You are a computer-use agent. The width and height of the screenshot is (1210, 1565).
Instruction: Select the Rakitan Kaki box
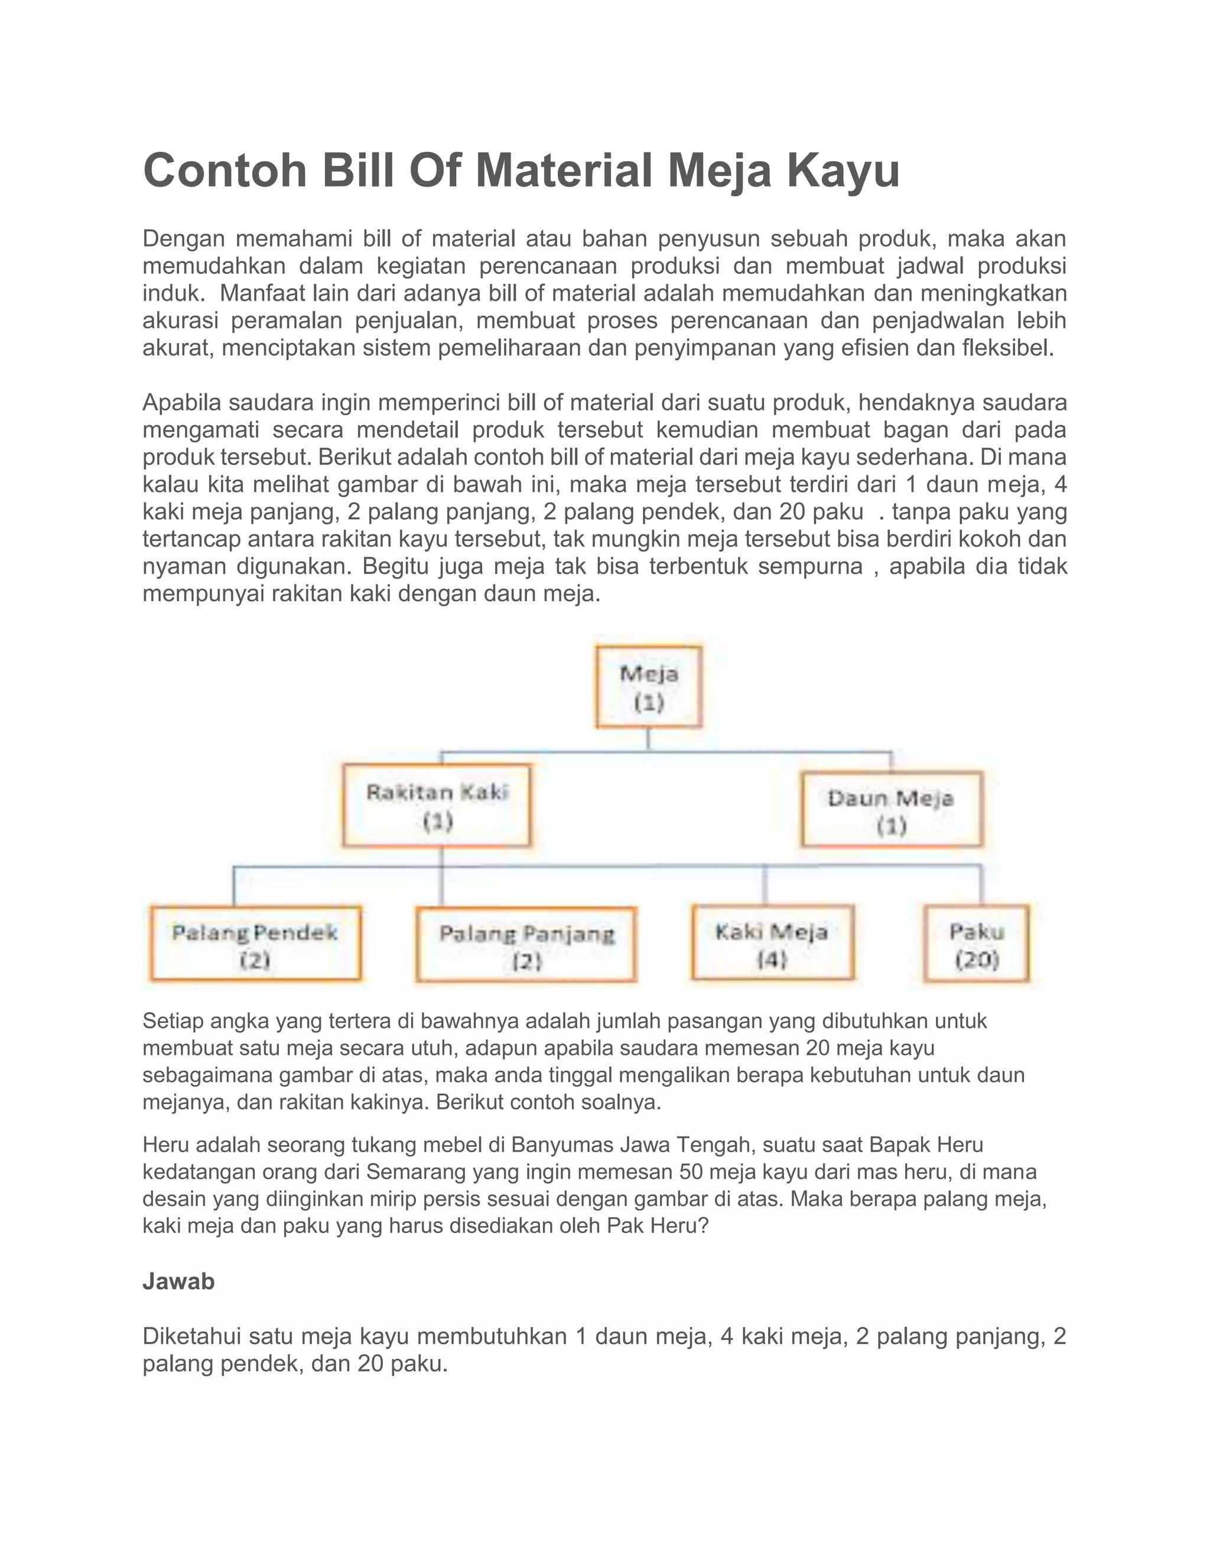[x=437, y=806]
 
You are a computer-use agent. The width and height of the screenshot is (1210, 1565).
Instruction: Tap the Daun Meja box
[x=891, y=810]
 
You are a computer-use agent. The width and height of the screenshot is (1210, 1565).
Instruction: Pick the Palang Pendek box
[x=255, y=944]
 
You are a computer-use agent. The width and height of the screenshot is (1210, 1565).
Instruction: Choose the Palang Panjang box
[x=526, y=945]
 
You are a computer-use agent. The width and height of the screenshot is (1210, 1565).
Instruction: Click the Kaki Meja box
[x=772, y=943]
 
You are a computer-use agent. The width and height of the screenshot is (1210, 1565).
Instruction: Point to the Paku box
[x=976, y=944]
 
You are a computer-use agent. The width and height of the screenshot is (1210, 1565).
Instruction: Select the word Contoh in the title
[x=225, y=171]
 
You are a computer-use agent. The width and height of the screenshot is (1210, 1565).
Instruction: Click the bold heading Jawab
[x=178, y=1282]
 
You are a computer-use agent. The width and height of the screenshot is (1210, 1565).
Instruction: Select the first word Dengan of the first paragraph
[x=184, y=238]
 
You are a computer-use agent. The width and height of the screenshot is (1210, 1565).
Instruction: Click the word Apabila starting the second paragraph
[x=182, y=403]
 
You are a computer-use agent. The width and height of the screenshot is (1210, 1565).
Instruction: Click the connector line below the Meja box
[x=648, y=739]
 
